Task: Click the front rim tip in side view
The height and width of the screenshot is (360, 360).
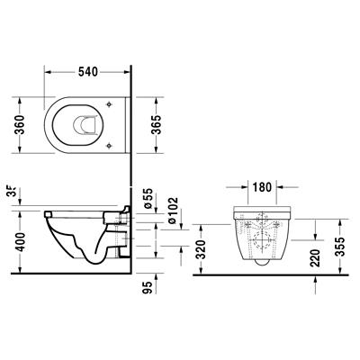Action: tap(44, 214)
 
